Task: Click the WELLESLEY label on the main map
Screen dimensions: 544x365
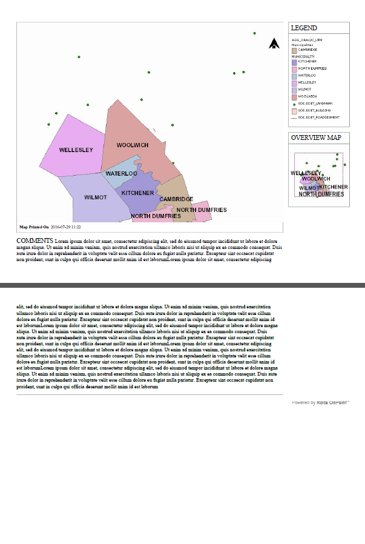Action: pyautogui.click(x=76, y=150)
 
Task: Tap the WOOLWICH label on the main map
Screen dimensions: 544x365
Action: pyautogui.click(x=133, y=145)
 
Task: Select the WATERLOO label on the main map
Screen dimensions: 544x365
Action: pyautogui.click(x=122, y=174)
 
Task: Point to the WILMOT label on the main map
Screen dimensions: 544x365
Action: pyautogui.click(x=96, y=198)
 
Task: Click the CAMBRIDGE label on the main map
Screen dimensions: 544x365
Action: pyautogui.click(x=176, y=199)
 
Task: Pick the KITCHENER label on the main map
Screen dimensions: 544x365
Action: pyautogui.click(x=137, y=193)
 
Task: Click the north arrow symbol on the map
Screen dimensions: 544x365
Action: pyautogui.click(x=274, y=43)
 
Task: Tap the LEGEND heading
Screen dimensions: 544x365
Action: pyautogui.click(x=304, y=28)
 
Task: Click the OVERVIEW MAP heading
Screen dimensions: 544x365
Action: pyautogui.click(x=315, y=138)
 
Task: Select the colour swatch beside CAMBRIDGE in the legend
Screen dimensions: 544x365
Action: pyautogui.click(x=294, y=50)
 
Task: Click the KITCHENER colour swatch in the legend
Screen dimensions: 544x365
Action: pyautogui.click(x=294, y=62)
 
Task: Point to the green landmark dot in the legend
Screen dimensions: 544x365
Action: pyautogui.click(x=294, y=104)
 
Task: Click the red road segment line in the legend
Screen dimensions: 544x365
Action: pyautogui.click(x=294, y=118)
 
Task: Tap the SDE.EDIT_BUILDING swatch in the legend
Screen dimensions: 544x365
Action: pyautogui.click(x=294, y=111)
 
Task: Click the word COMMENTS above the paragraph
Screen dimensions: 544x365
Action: pyautogui.click(x=35, y=240)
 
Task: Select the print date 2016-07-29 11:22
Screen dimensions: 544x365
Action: pyautogui.click(x=66, y=228)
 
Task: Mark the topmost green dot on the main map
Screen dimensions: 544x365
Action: pyautogui.click(x=254, y=33)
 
